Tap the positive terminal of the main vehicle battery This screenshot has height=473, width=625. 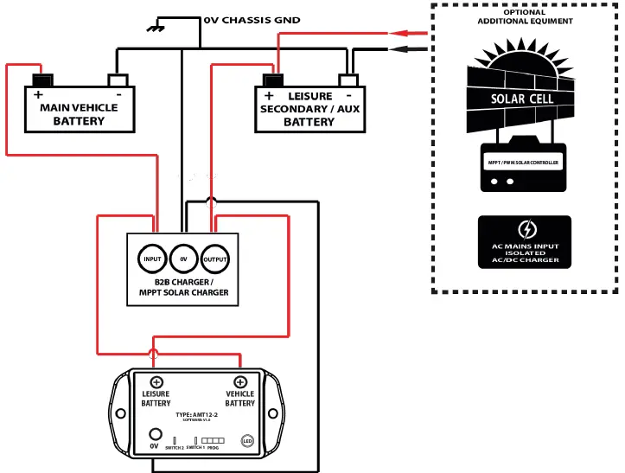tap(40, 80)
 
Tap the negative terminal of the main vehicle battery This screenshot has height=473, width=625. tap(118, 80)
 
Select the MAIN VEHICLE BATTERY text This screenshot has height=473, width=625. tap(79, 114)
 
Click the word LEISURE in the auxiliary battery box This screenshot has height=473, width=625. tap(309, 96)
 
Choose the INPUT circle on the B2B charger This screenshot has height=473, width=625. tap(152, 259)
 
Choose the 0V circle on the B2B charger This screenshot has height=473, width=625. tap(183, 259)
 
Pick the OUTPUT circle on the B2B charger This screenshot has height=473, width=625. tap(214, 259)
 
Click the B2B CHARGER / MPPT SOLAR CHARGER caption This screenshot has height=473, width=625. tap(183, 287)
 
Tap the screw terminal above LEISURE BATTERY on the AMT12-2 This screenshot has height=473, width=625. tap(156, 382)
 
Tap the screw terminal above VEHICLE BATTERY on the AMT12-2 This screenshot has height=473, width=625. tap(239, 382)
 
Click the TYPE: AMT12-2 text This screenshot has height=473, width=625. tap(198, 414)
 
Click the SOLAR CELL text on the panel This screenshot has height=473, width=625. tap(522, 99)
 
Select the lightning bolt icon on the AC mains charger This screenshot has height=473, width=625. tap(526, 230)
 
